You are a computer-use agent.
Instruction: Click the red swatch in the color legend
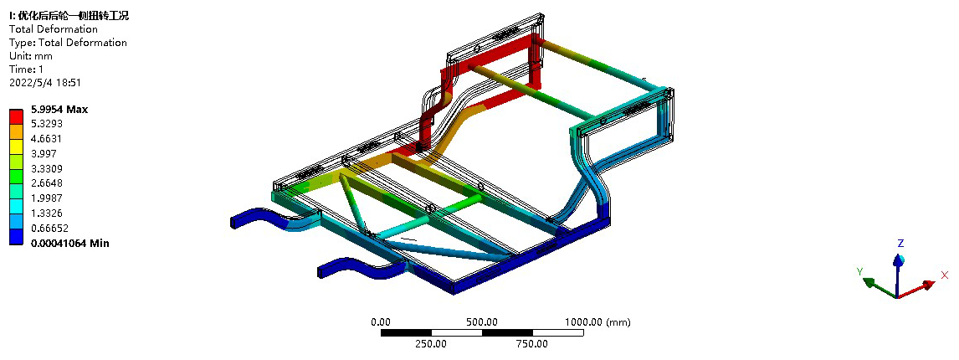point(17,116)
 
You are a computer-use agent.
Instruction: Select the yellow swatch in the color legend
point(17,146)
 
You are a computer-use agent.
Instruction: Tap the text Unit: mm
point(31,56)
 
